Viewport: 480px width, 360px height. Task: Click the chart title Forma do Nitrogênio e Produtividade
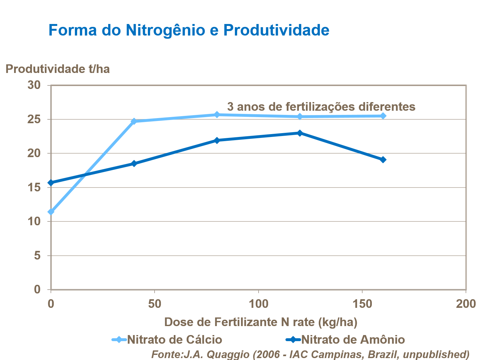tap(189, 30)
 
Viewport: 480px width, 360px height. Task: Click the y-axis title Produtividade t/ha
tap(58, 69)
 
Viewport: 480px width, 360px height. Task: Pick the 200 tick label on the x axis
tap(466, 304)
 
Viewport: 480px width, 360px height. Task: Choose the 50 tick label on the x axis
tap(155, 304)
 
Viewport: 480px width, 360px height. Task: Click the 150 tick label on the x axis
tap(362, 304)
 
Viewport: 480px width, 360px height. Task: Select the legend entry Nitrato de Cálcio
tap(174, 340)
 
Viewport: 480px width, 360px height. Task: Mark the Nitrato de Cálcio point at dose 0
tap(51, 212)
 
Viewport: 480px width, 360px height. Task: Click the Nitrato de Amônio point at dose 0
tap(51, 183)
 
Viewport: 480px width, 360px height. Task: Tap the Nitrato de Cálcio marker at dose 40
tap(134, 121)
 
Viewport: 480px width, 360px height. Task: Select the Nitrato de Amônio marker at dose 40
tap(134, 164)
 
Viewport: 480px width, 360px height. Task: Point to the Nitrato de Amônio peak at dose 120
tap(300, 133)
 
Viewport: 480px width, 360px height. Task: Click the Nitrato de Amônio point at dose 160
tap(383, 160)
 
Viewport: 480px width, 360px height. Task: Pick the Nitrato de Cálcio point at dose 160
tap(383, 116)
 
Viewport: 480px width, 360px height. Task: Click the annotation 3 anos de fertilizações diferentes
tap(321, 107)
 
